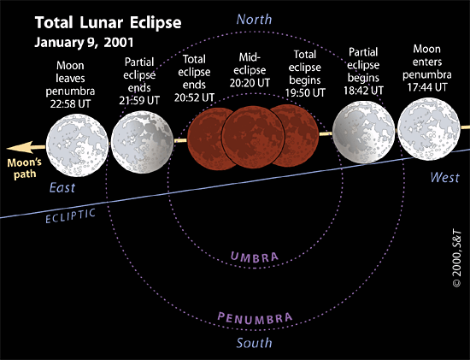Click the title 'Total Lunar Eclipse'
tap(108, 23)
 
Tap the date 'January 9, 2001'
tap(84, 42)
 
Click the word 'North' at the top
tap(254, 20)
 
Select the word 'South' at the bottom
tap(254, 343)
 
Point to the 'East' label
tap(62, 188)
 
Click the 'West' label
tap(445, 178)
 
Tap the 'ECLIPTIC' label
tap(70, 216)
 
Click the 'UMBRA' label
tap(255, 257)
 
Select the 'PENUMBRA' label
tap(255, 318)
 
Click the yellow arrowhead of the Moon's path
tap(19, 148)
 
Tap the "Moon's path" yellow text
tap(24, 168)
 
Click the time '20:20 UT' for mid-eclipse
tap(250, 83)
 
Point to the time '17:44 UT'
tap(426, 87)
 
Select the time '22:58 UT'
tap(70, 103)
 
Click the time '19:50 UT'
tap(305, 93)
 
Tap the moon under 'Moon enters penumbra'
tap(429, 129)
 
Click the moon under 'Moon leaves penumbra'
tap(77, 145)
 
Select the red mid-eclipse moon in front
tap(253, 137)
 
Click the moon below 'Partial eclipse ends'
tap(142, 142)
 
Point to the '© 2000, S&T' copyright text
tap(457, 259)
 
